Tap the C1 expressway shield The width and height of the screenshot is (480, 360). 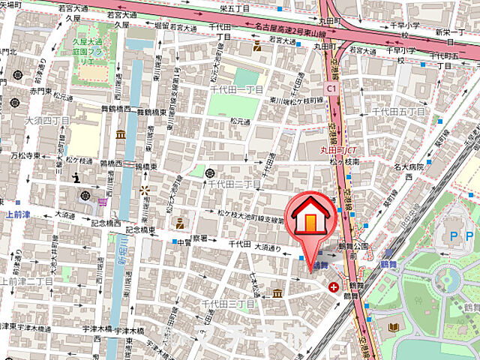pyautogui.click(x=331, y=88)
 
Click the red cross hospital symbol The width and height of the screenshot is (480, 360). pyautogui.click(x=334, y=286)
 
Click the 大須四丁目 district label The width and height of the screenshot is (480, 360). pyautogui.click(x=46, y=120)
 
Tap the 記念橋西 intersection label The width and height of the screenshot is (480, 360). pyautogui.click(x=106, y=222)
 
